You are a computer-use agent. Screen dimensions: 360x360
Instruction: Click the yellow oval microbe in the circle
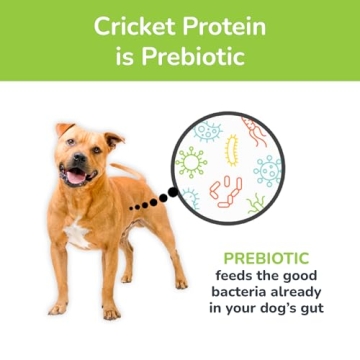click(x=232, y=150)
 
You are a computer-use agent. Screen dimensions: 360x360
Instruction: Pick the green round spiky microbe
click(x=191, y=160)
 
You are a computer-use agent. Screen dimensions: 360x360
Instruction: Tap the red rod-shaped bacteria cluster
click(x=227, y=189)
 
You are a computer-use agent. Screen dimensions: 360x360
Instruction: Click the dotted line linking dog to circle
click(x=151, y=201)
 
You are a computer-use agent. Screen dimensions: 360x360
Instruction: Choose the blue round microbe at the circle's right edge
click(x=268, y=170)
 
